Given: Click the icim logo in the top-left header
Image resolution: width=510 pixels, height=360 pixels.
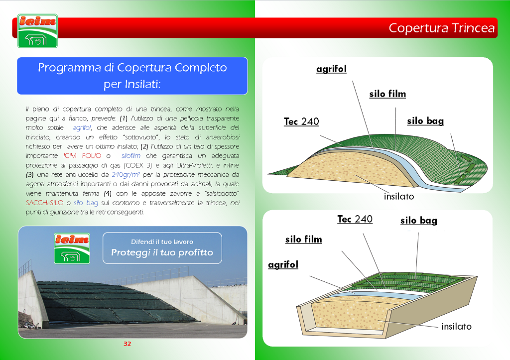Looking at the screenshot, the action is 38,31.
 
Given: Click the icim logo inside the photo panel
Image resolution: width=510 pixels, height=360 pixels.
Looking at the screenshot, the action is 72,248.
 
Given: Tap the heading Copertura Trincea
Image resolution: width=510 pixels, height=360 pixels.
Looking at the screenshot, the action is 441,28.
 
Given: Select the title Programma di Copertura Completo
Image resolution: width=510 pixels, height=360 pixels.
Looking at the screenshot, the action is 132,68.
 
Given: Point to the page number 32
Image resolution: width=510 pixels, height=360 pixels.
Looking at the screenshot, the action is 127,344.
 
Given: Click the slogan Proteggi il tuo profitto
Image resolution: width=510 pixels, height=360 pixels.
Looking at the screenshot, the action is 162,252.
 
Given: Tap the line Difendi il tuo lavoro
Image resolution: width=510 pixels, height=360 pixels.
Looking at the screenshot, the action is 162,242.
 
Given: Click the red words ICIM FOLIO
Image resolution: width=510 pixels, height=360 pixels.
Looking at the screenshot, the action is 82,156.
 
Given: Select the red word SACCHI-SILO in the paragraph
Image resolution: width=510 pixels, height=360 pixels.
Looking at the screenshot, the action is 44,203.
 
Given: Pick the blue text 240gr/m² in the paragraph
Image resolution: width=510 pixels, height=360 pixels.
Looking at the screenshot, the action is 126,175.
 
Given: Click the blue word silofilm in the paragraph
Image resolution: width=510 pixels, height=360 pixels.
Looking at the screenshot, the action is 131,156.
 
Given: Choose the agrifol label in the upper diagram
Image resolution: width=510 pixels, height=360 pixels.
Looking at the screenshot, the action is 331,69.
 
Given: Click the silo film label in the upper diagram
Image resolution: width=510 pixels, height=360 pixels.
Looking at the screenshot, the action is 387,94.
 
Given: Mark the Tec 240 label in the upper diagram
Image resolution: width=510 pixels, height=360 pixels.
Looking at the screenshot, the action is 301,121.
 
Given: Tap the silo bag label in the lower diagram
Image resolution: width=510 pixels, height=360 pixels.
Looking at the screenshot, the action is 418,221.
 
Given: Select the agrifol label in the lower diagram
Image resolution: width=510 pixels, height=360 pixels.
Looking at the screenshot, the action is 283,265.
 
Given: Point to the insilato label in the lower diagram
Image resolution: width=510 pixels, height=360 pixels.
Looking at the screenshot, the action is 456,327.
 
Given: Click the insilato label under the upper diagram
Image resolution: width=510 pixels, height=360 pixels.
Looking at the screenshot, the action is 399,196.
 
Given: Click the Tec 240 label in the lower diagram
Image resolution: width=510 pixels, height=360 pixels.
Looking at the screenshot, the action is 355,219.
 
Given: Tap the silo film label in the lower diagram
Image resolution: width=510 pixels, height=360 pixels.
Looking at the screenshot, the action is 303,240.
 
